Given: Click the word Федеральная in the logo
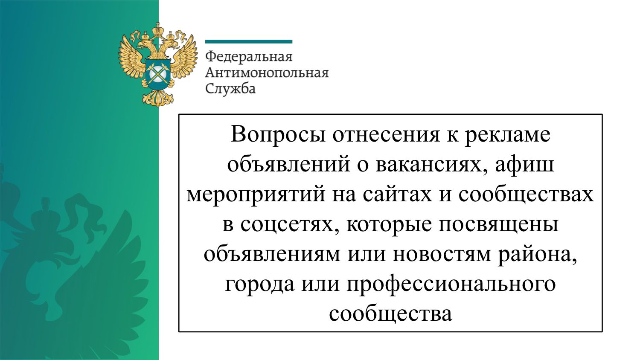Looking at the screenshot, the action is [249, 57].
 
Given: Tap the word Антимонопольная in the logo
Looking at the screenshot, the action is [267, 73].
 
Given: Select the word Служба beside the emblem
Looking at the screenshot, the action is [230, 89].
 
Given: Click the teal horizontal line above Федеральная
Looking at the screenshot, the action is [249, 42].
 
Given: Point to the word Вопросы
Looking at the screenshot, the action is [278, 134].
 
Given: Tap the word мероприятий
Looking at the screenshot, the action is [256, 196].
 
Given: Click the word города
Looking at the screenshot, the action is [259, 285].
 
